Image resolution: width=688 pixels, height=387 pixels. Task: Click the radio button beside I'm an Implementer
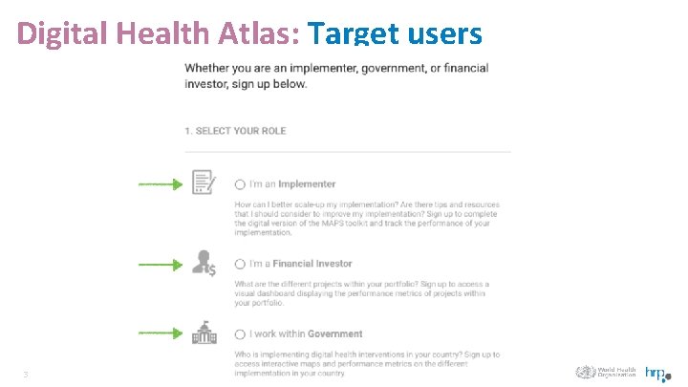[x=240, y=184]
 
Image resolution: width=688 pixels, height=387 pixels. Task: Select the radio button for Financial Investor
[x=240, y=264]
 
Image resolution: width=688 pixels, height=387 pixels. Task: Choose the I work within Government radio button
[x=240, y=334]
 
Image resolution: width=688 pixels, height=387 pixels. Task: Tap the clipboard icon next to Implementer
[x=204, y=182]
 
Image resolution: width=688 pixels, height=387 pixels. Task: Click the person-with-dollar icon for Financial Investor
[x=204, y=262]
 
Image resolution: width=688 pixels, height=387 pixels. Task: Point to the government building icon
[x=204, y=333]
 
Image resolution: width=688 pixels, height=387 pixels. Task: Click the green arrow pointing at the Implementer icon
[x=160, y=183]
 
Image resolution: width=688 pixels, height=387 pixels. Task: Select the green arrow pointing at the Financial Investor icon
[x=160, y=265]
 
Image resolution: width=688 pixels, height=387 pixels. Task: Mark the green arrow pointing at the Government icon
[x=160, y=333]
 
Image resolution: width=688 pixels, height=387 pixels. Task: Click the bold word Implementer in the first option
[x=307, y=184]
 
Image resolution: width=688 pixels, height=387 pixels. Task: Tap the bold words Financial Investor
[x=312, y=264]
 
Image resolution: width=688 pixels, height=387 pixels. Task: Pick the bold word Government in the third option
[x=334, y=334]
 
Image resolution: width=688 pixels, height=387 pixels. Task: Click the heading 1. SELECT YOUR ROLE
[x=235, y=131]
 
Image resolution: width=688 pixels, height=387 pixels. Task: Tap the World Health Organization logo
[x=606, y=373]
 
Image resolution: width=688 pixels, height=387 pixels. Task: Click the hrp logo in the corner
[x=657, y=374]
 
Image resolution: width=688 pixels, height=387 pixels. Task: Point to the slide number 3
[x=26, y=375]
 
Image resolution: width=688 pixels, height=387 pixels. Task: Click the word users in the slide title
[x=443, y=33]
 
